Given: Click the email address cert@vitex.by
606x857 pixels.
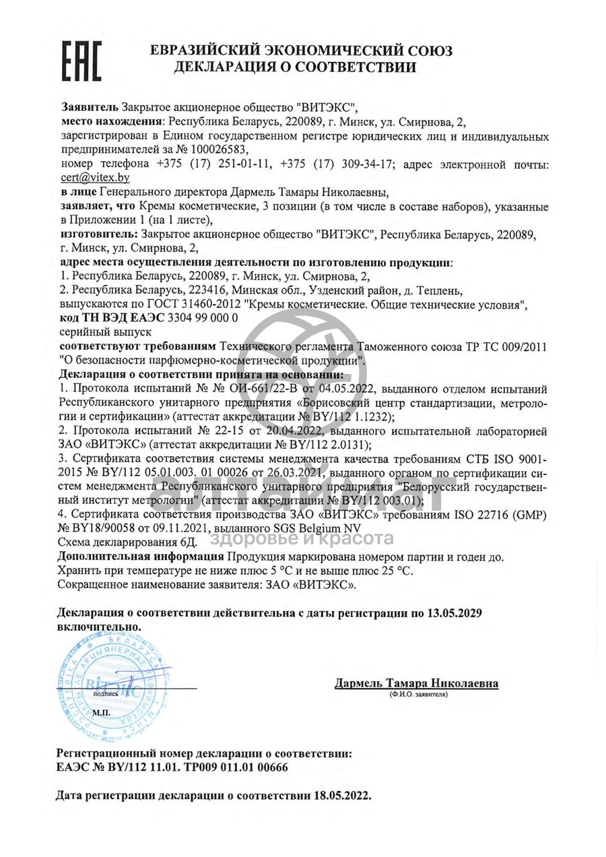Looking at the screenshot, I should pyautogui.click(x=95, y=178).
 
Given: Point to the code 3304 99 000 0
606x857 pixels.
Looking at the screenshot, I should pyautogui.click(x=201, y=319).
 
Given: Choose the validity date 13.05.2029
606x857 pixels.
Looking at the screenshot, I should pyautogui.click(x=454, y=613).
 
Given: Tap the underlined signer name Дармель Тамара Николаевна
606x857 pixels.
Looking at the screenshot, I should pyautogui.click(x=416, y=684).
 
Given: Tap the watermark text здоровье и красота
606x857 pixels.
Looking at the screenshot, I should pyautogui.click(x=302, y=538).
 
